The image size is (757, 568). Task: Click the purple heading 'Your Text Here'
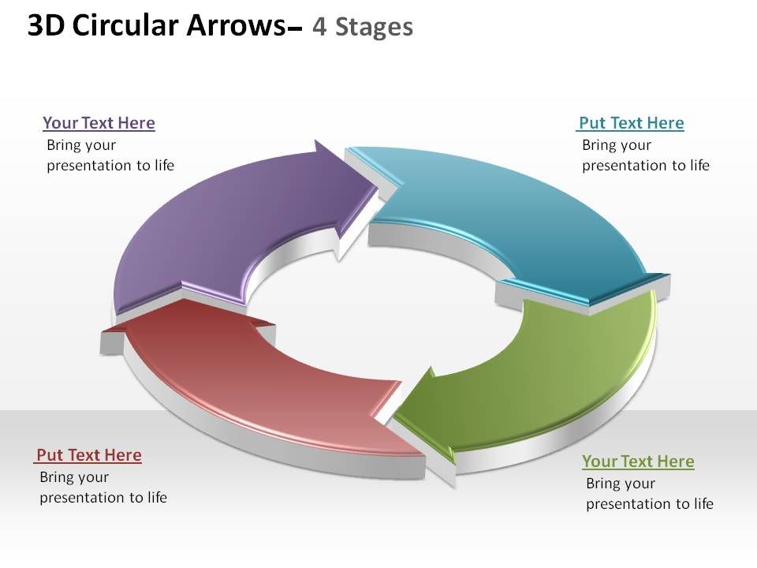[x=99, y=123]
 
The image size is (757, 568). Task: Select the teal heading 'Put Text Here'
[x=631, y=123]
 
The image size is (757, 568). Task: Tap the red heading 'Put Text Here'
[x=89, y=455]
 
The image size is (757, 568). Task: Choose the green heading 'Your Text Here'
[x=638, y=461]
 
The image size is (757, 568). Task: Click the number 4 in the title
[x=319, y=27]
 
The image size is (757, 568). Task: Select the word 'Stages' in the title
[x=374, y=28]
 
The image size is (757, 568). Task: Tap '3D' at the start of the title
[x=47, y=25]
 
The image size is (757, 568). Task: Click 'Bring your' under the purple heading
[x=81, y=145]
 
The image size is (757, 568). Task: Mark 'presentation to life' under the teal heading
[x=646, y=166]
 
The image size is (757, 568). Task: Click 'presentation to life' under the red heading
[x=103, y=498]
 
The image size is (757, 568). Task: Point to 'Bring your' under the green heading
[x=621, y=484]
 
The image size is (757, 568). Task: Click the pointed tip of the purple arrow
[x=378, y=185]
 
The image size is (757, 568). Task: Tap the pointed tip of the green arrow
[x=394, y=416]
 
